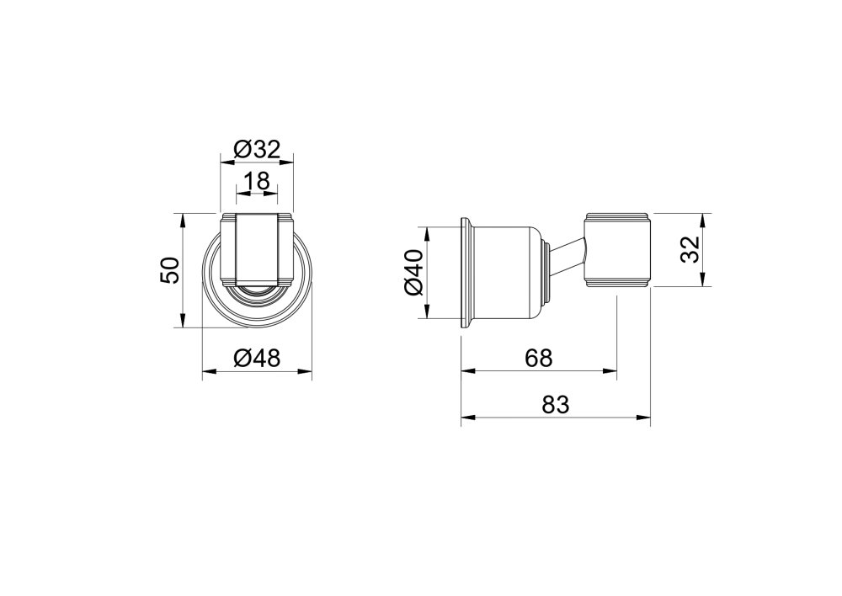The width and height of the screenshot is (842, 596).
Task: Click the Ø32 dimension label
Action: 257,149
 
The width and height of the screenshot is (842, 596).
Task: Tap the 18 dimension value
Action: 257,181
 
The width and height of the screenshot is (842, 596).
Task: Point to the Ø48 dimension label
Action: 257,358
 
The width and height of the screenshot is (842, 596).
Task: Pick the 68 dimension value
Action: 539,358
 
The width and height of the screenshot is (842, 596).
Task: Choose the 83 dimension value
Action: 555,404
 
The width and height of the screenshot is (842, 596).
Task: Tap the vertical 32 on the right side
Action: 690,249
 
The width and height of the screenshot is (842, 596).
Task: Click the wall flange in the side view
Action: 466,273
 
